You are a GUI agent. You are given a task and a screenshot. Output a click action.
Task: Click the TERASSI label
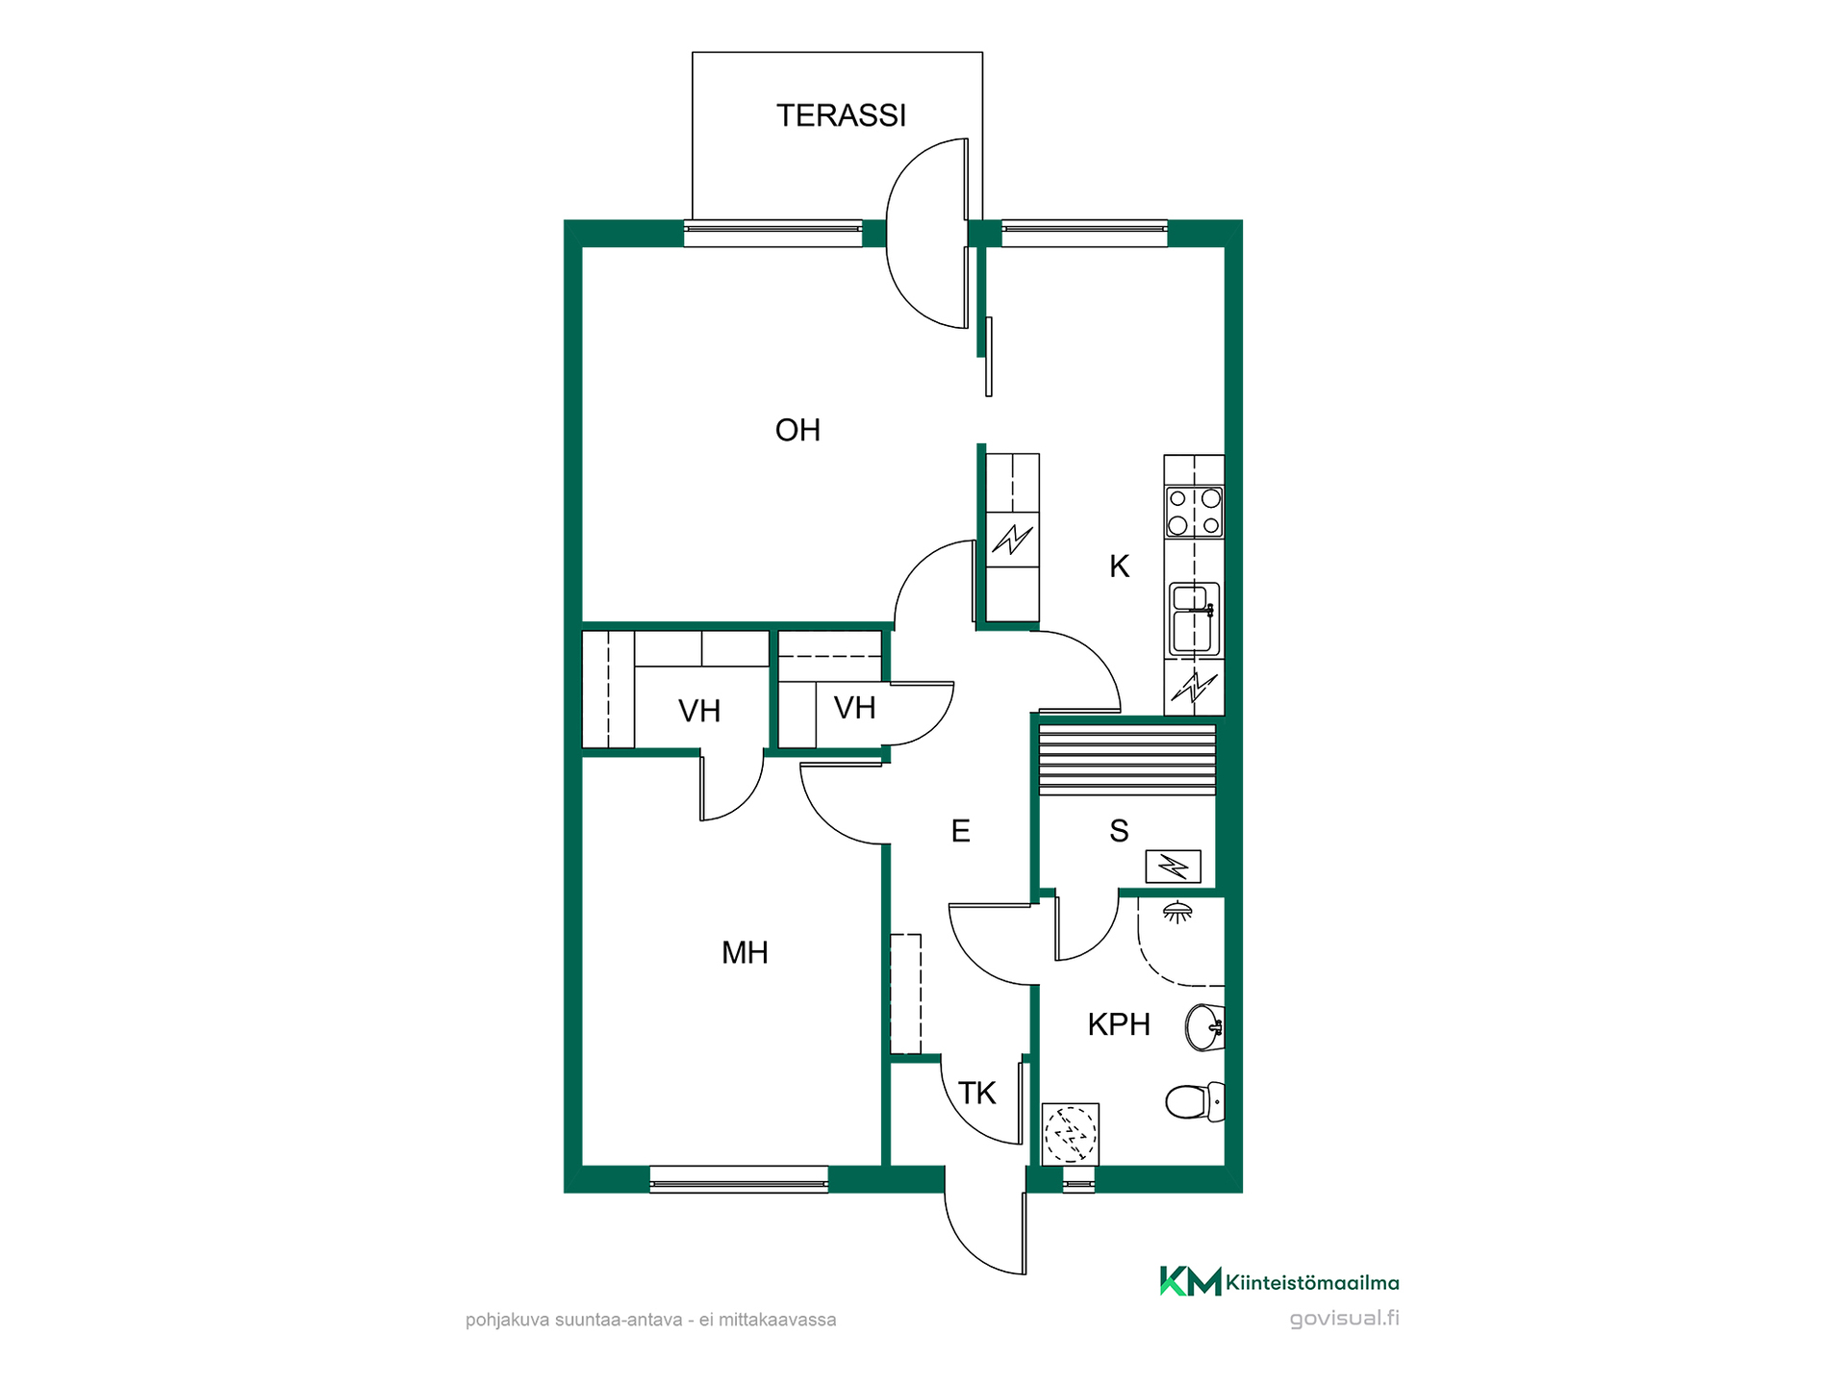(x=841, y=115)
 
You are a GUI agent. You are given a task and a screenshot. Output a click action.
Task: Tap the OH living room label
(x=797, y=430)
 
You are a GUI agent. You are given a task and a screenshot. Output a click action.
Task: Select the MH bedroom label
(x=745, y=953)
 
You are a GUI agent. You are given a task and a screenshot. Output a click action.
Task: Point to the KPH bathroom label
(x=1119, y=1024)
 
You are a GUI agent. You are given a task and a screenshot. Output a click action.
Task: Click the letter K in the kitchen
(x=1119, y=567)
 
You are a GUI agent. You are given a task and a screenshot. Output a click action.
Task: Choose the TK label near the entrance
(x=976, y=1094)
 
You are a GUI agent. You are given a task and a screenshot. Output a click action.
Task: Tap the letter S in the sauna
(x=1119, y=831)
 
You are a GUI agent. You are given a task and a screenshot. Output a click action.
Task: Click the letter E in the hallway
(x=960, y=831)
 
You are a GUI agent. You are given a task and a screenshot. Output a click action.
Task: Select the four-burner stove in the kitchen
(x=1194, y=512)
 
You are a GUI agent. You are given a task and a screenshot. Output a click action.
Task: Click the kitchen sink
(x=1194, y=619)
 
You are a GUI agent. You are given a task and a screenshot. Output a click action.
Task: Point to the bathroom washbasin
(x=1204, y=1027)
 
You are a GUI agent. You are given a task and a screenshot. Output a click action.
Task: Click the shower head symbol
(x=1177, y=912)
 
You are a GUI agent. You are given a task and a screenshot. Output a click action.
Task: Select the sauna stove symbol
(x=1173, y=868)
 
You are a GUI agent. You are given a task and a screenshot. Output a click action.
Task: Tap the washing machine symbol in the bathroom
(x=1071, y=1134)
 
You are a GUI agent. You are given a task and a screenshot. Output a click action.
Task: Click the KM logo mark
(x=1190, y=1281)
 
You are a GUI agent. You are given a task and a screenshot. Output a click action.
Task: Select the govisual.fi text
(x=1344, y=1319)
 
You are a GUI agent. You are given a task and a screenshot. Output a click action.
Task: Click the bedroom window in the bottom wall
(x=739, y=1179)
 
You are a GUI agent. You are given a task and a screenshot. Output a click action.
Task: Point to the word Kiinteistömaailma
(x=1312, y=1282)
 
